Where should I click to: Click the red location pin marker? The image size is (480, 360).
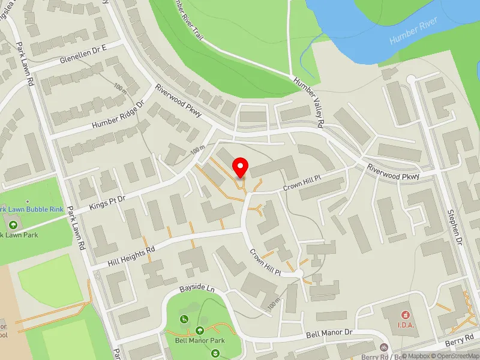(241, 167)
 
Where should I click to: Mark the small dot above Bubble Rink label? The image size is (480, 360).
(28, 201)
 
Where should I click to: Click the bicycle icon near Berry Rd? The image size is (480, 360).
(384, 347)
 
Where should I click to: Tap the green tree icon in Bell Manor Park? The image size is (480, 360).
(200, 330)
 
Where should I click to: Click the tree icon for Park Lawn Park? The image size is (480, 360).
(13, 224)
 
